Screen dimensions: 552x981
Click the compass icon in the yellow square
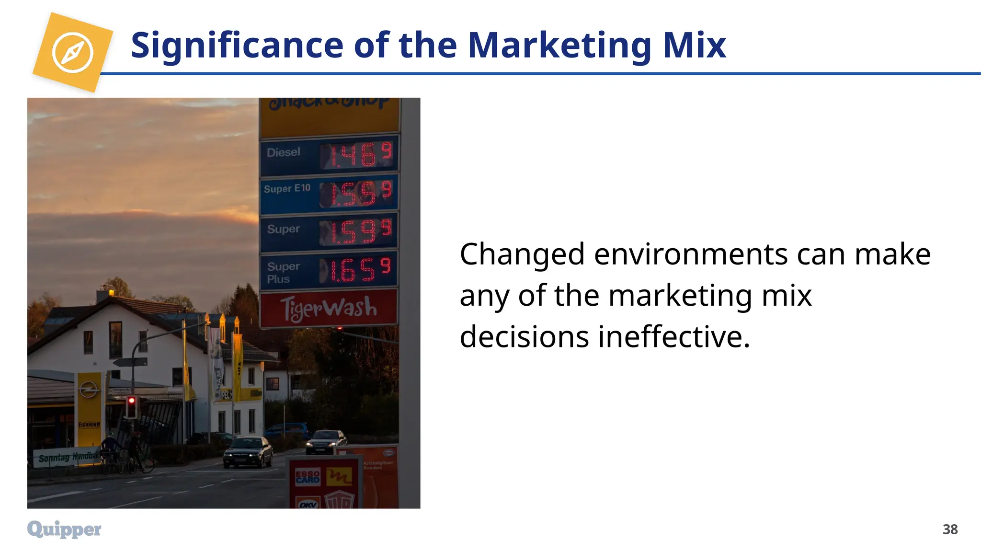(72, 52)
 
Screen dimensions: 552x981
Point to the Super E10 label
(287, 188)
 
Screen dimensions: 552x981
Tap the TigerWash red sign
(329, 308)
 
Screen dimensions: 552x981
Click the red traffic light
(131, 401)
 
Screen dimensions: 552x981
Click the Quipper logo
(64, 529)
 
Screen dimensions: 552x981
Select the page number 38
(950, 529)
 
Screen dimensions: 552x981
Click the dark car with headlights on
(248, 451)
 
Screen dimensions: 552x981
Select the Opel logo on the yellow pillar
(89, 389)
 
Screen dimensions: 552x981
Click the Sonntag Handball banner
(67, 458)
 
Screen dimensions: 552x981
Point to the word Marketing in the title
(559, 45)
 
